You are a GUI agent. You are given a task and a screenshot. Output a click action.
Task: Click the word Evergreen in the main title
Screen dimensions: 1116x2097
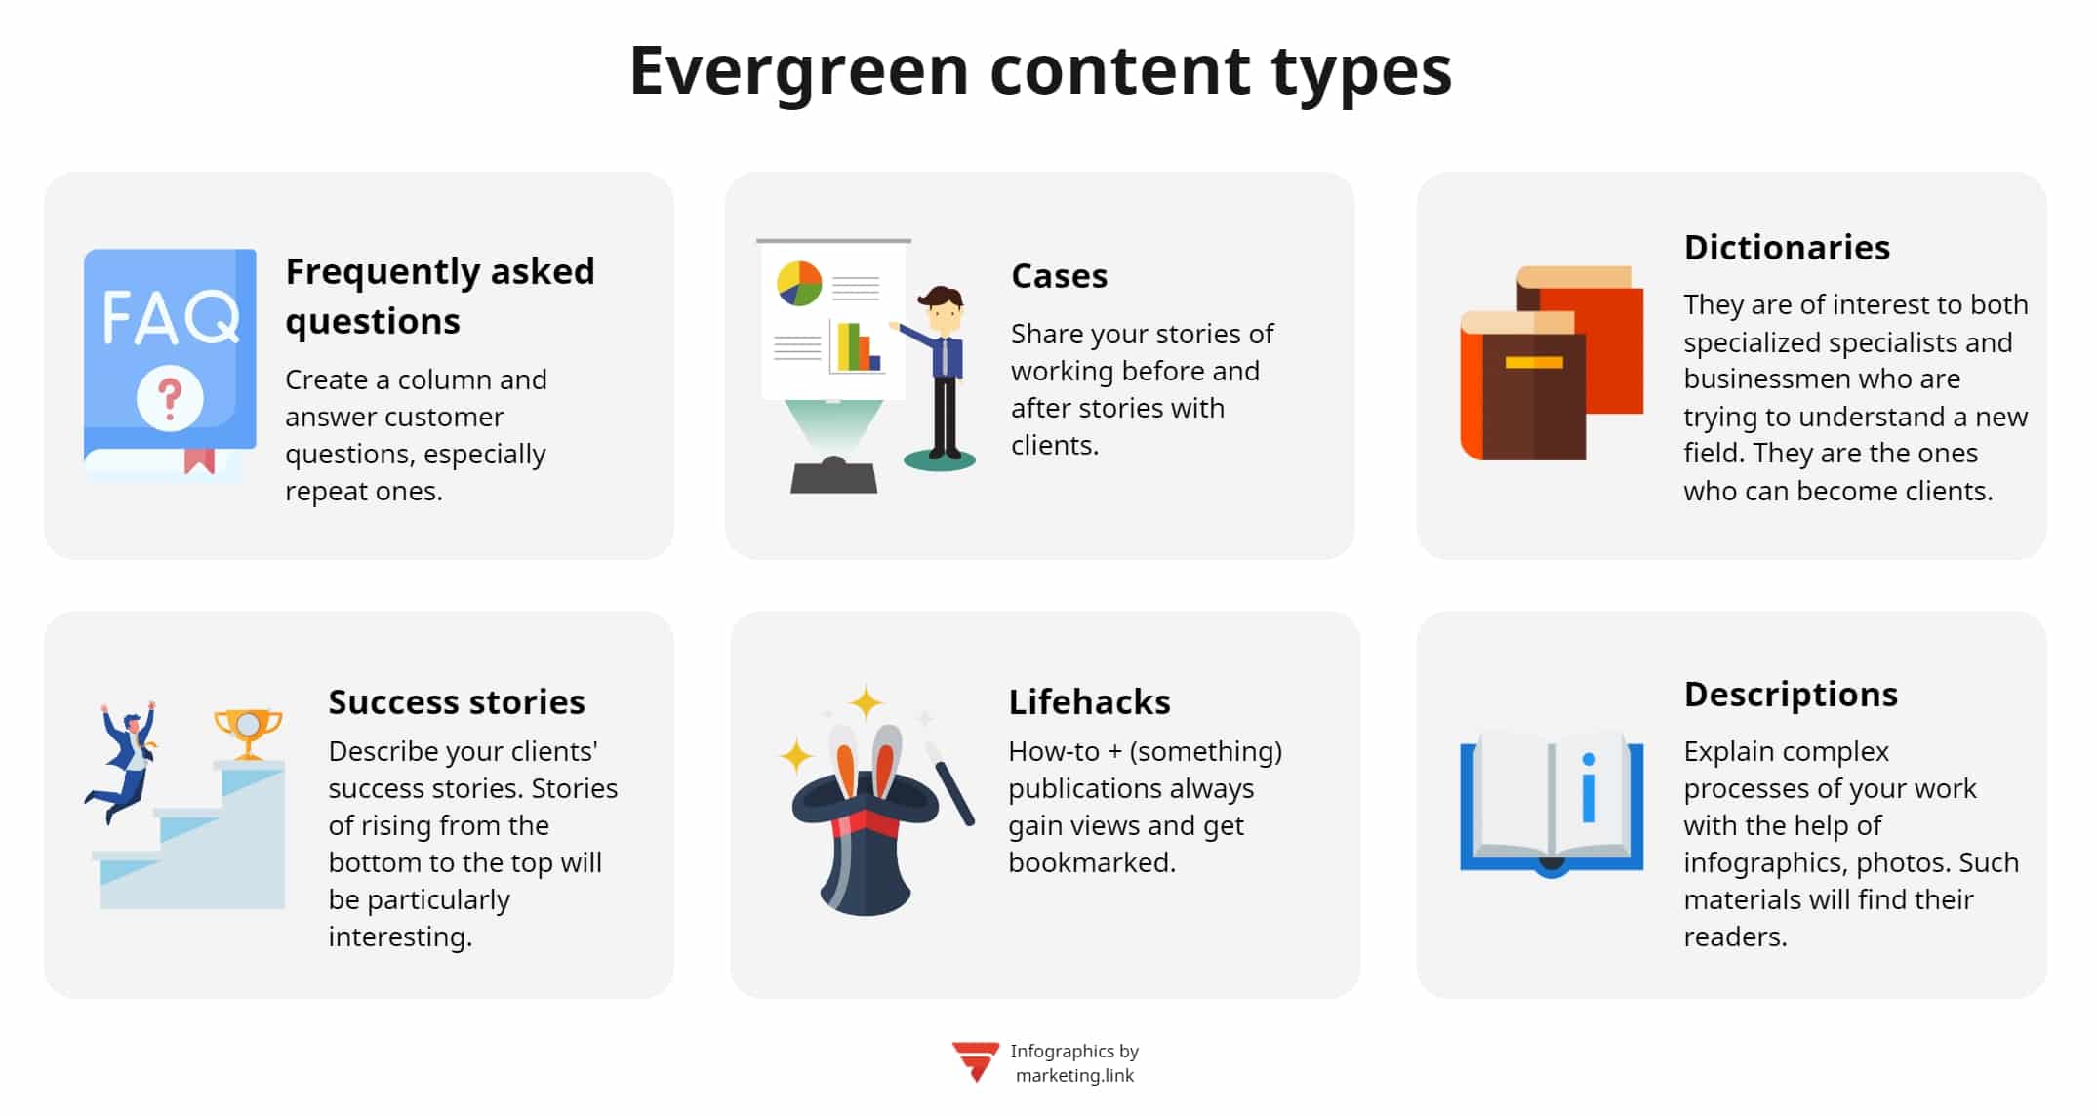click(798, 72)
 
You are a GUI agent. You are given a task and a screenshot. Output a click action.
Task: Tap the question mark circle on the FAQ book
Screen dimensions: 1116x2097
click(170, 397)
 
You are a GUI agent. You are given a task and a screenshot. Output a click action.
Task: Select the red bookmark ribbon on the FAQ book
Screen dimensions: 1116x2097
click(199, 459)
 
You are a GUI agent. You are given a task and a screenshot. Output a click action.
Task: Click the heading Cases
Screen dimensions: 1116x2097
click(1059, 276)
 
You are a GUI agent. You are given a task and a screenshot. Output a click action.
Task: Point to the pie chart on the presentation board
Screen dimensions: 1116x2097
click(799, 283)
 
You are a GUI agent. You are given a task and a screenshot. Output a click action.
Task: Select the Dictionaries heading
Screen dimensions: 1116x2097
click(1787, 248)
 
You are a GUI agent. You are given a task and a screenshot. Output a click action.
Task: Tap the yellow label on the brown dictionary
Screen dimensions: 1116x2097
click(1533, 363)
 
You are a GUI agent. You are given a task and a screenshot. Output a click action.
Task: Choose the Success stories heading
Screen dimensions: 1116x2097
click(456, 702)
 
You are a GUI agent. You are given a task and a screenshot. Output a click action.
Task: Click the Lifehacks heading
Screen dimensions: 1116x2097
click(1089, 702)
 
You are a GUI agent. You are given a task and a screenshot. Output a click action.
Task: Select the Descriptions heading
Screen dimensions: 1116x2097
click(1791, 695)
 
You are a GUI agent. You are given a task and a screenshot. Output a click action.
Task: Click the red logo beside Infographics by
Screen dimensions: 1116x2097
click(975, 1061)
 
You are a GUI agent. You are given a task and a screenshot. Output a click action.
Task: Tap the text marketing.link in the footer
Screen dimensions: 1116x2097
click(1074, 1076)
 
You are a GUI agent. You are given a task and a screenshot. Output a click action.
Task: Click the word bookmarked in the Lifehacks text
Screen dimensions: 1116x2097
click(1091, 863)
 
